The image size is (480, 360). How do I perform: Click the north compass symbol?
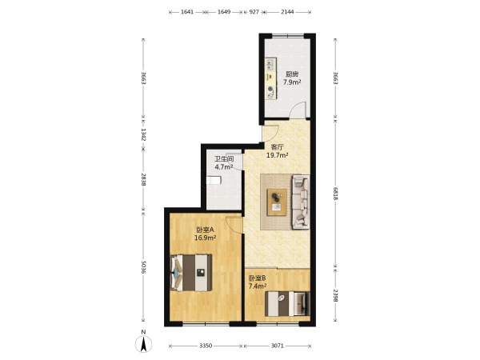pos(143,343)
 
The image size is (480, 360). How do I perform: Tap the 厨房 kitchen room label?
pos(292,74)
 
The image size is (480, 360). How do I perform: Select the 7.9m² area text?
pos(292,82)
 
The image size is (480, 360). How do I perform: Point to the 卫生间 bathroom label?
pos(224,159)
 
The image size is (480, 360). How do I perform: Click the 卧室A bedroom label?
pos(205,230)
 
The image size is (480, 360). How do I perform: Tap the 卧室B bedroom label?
pos(257,278)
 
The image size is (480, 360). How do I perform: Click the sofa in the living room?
pos(301,202)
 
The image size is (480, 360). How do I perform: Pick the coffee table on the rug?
pos(277,202)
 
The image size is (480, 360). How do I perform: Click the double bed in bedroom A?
pos(190,273)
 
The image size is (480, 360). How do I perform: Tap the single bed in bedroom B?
pos(287,303)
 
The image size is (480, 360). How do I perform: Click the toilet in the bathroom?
pos(214,180)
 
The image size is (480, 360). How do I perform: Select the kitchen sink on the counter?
pos(270,64)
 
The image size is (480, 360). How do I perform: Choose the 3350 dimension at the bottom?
pos(206,346)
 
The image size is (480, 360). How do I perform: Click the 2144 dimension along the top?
pos(287,12)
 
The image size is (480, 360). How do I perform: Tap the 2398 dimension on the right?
pos(335,296)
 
